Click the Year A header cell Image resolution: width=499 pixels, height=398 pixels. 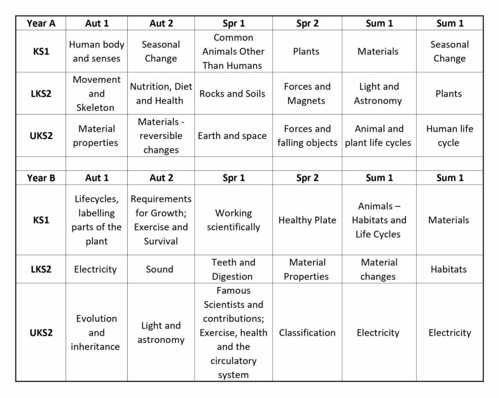click(41, 23)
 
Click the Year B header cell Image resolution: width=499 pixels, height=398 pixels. click(41, 178)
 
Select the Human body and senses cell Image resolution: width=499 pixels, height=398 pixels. click(96, 51)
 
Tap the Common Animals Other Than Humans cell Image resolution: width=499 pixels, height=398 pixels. click(233, 51)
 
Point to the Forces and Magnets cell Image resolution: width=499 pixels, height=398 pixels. click(307, 94)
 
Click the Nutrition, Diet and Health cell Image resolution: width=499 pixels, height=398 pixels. click(160, 94)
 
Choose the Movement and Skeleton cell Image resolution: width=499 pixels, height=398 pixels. click(96, 94)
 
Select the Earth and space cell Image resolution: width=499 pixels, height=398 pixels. click(232, 136)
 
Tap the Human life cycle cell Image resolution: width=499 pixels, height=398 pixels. click(449, 136)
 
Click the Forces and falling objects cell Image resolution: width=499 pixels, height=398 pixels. click(307, 136)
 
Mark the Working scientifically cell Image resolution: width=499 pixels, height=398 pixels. click(233, 220)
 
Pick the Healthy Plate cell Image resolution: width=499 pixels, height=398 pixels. click(307, 220)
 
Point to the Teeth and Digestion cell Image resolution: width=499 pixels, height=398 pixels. click(233, 269)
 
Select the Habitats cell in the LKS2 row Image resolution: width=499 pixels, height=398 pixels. click(449, 269)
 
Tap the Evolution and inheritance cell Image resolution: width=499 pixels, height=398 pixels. click(96, 333)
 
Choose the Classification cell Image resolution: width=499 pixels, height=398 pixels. click(307, 333)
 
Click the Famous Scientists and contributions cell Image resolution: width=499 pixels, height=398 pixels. click(233, 333)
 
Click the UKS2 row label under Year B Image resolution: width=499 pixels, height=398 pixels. click(41, 333)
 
